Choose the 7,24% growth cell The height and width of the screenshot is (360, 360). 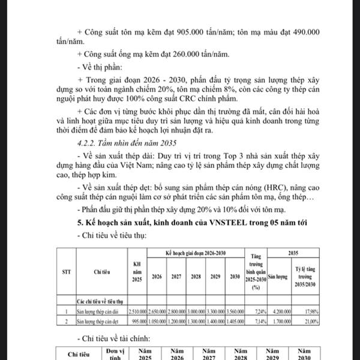pyautogui.click(x=259, y=311)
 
